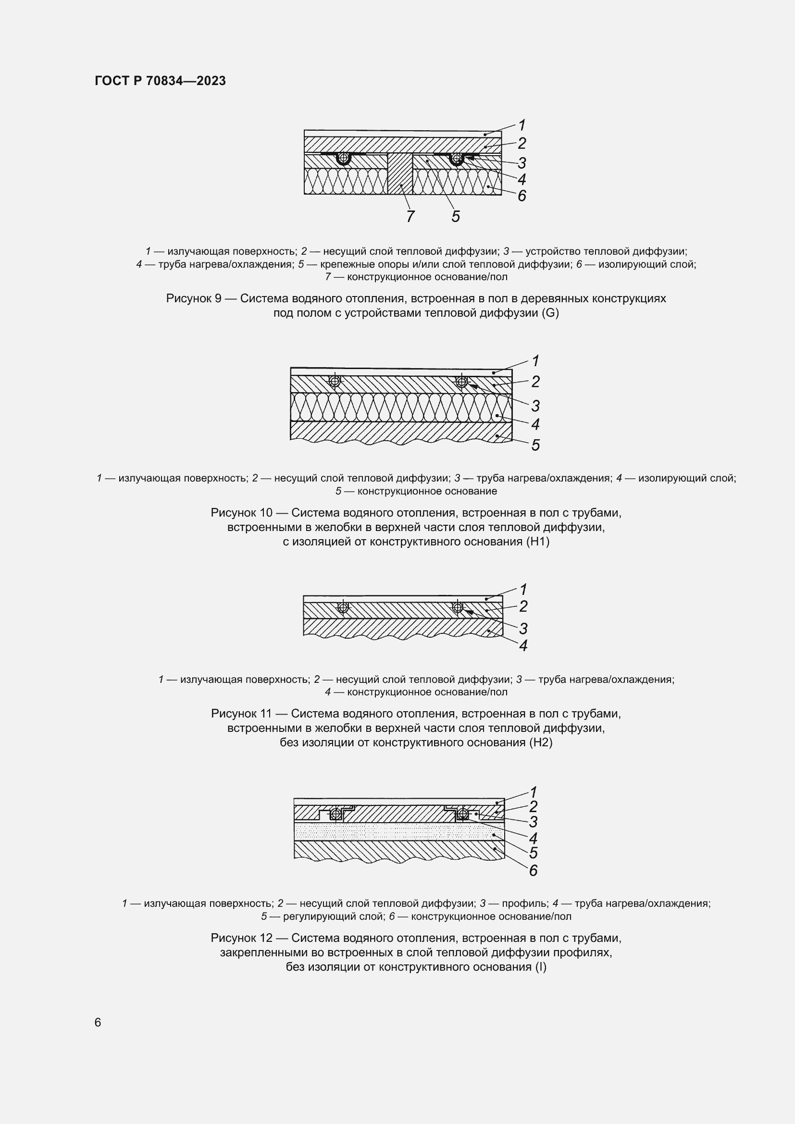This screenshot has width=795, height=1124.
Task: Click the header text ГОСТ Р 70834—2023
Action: coord(160,81)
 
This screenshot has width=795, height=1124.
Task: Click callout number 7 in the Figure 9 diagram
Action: coord(410,216)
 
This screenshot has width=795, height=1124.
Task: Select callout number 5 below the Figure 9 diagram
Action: coord(455,216)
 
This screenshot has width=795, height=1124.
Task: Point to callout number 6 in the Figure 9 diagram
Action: coord(522,196)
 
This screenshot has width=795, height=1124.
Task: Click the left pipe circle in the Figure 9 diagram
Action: coord(344,158)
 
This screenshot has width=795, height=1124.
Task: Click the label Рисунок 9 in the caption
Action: coord(194,298)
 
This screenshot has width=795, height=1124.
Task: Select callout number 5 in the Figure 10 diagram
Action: coord(535,445)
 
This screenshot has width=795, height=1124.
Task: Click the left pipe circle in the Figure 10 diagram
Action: coord(335,381)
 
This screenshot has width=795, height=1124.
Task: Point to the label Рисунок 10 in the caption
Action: coord(241,513)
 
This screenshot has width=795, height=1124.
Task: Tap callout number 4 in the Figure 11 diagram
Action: coord(523,646)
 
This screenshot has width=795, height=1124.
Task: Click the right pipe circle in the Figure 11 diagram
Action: coord(458,607)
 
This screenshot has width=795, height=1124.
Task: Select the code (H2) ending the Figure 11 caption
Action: coord(540,742)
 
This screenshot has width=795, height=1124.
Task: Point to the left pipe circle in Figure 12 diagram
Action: coord(336,814)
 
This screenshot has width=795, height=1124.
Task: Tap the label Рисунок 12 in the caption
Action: coord(241,938)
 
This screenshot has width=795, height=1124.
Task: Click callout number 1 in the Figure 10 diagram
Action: coord(535,361)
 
